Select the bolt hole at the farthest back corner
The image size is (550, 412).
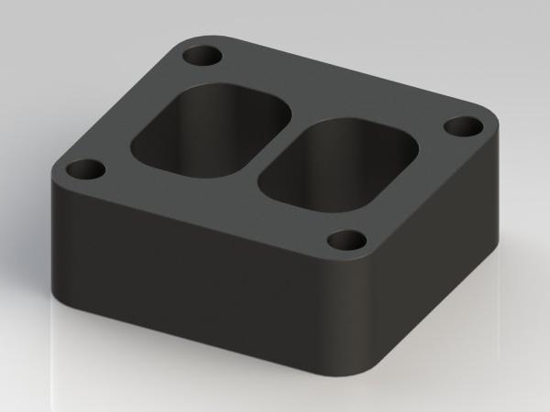203,56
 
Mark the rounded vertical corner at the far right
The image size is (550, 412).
502,183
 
